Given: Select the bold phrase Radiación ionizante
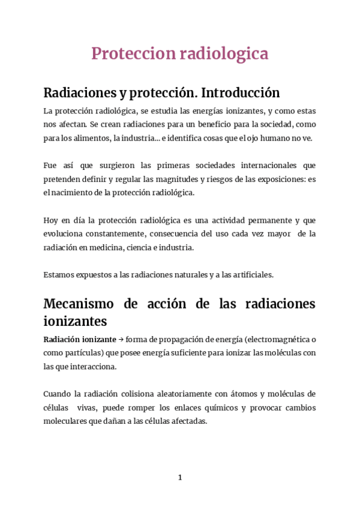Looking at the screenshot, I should (80, 339).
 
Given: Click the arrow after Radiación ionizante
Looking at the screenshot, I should (121, 339).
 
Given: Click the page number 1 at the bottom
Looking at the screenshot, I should (180, 477).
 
